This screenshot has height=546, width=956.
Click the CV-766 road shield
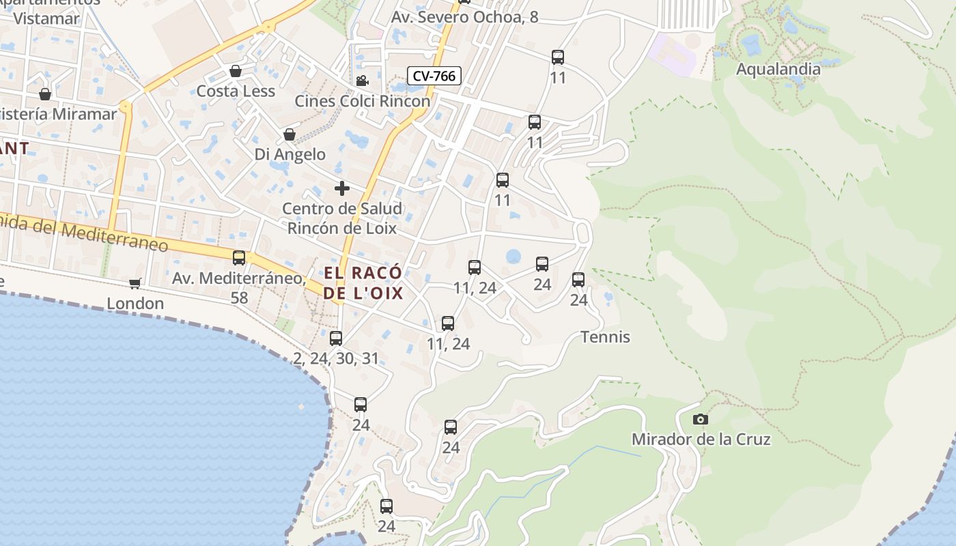pyautogui.click(x=434, y=76)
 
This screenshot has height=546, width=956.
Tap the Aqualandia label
pyautogui.click(x=778, y=69)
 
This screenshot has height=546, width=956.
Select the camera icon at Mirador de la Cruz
pyautogui.click(x=700, y=419)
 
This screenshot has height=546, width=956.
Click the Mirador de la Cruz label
pyautogui.click(x=701, y=440)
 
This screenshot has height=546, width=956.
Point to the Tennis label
pyautogui.click(x=605, y=337)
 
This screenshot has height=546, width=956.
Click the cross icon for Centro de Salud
pyautogui.click(x=342, y=188)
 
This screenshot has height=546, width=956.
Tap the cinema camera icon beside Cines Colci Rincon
pyautogui.click(x=362, y=81)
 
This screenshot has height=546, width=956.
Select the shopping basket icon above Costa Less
pyautogui.click(x=236, y=71)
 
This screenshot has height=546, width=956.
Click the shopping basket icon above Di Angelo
pyautogui.click(x=290, y=134)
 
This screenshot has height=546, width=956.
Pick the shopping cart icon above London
pyautogui.click(x=135, y=283)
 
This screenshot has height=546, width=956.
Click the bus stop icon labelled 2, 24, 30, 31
pyautogui.click(x=335, y=338)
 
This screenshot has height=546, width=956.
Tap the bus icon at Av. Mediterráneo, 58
pyautogui.click(x=238, y=258)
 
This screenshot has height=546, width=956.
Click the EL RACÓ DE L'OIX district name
pyautogui.click(x=363, y=283)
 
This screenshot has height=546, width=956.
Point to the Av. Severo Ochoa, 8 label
pyautogui.click(x=464, y=17)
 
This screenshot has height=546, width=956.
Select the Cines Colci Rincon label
pyautogui.click(x=363, y=101)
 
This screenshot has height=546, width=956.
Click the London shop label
pyautogui.click(x=135, y=304)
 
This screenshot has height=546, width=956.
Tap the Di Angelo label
pyautogui.click(x=290, y=154)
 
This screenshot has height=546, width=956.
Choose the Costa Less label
pyautogui.click(x=236, y=91)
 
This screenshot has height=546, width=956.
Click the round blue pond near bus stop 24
pyautogui.click(x=513, y=257)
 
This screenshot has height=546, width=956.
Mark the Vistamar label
pyautogui.click(x=46, y=18)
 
